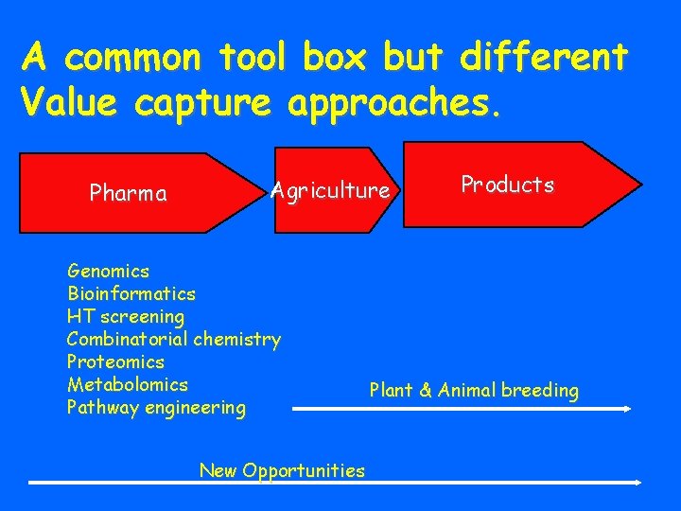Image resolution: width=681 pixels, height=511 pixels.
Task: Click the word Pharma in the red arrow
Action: pos(128,194)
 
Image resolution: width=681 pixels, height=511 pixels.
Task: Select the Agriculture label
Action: pos(330,191)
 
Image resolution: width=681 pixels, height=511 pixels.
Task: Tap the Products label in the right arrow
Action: pos(507,185)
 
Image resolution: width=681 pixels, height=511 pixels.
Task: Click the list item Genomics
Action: pos(108,272)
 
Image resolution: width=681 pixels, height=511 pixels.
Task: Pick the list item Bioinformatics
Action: pos(131,294)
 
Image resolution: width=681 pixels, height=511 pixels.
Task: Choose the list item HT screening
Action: pos(126,317)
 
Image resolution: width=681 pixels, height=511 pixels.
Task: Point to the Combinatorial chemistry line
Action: pos(174,340)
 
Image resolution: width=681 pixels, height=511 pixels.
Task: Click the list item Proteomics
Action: pos(115,362)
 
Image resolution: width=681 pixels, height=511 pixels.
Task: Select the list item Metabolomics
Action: pos(128,385)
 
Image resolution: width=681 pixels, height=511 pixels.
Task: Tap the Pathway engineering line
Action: pos(156,408)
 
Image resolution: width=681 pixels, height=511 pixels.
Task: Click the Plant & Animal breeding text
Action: pos(474,391)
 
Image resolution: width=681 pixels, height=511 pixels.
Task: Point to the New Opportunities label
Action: pos(282,470)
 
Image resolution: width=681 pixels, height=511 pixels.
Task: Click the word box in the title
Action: pos(337,59)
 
